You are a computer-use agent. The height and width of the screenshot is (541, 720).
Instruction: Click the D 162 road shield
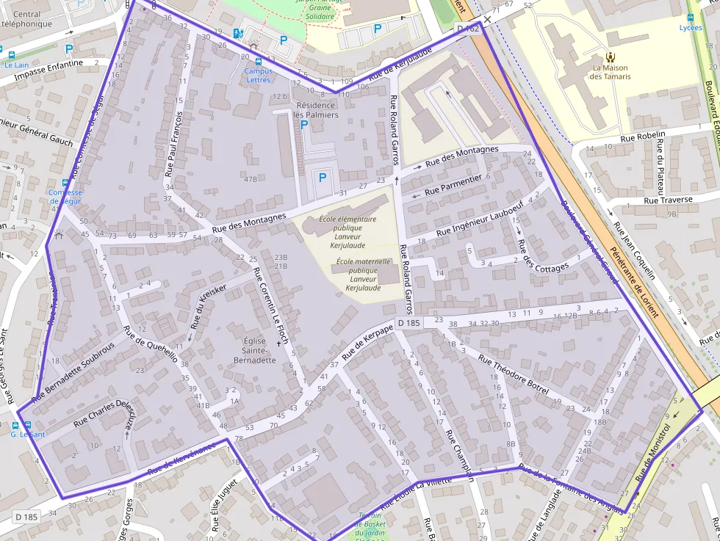click(468, 29)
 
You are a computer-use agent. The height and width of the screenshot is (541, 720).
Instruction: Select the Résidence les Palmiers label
click(316, 110)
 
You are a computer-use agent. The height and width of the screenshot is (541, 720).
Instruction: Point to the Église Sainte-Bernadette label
click(259, 350)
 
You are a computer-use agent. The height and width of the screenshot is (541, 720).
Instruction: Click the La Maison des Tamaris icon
click(610, 56)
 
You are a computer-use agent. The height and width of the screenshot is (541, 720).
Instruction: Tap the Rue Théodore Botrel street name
click(514, 375)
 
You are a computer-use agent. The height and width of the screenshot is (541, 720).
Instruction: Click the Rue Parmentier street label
click(453, 184)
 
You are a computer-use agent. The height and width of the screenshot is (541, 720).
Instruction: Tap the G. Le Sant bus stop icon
click(28, 425)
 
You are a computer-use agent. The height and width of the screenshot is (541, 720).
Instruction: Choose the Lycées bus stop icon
click(690, 18)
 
